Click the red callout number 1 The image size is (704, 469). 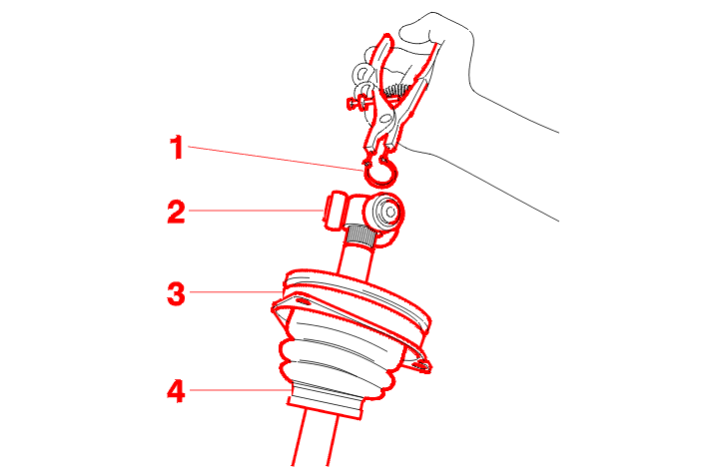pos(177,148)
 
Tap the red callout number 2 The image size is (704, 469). pos(176,212)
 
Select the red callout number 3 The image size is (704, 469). pos(176,294)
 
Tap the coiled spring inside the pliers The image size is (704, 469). pos(396,90)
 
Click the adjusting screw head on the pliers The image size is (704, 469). pos(352,104)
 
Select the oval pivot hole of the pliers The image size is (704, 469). pos(385,119)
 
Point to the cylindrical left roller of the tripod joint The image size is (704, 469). pos(336,211)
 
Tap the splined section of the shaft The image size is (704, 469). pos(359,235)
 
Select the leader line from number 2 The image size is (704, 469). pos(256,210)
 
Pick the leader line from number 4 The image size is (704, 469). pos(239,390)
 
